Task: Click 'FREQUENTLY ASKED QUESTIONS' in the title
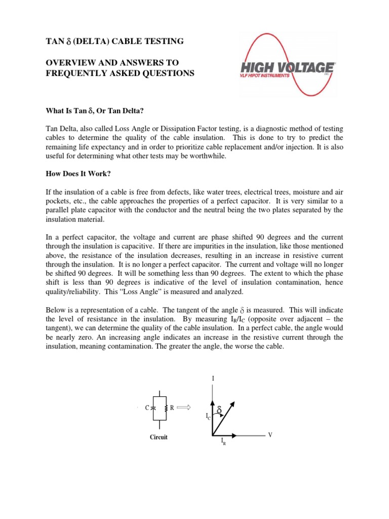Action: (120, 73)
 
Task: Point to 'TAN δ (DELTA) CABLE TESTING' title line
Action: (112, 41)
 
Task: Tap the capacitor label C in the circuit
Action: (146, 407)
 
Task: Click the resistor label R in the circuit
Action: (172, 407)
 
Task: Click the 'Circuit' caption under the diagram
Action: (159, 437)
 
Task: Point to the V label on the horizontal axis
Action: (270, 435)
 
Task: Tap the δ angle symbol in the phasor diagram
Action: (219, 409)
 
